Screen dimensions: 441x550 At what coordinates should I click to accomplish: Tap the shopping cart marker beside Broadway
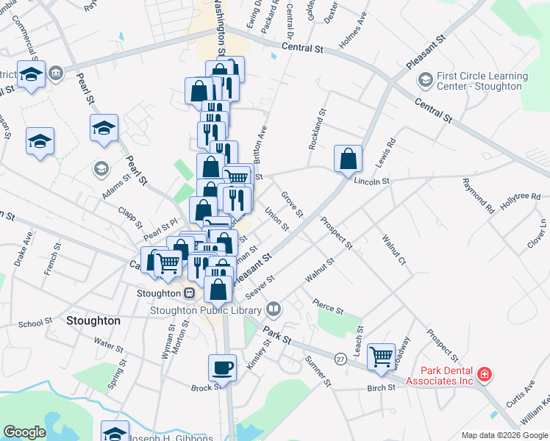(x=381, y=357)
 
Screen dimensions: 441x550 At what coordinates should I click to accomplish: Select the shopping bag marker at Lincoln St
(x=348, y=159)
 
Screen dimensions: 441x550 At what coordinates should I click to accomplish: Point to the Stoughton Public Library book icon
(x=274, y=308)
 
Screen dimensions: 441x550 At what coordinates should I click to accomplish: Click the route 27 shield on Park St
(x=340, y=358)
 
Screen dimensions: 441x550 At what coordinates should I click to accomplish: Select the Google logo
(x=25, y=432)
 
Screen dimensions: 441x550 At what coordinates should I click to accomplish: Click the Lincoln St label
(x=370, y=180)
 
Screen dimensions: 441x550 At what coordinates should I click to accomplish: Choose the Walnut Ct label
(x=393, y=249)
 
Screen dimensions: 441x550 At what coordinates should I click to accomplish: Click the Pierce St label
(x=327, y=306)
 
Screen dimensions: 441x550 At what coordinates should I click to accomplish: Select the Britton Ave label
(x=259, y=143)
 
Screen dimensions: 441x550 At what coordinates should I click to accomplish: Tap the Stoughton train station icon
(x=189, y=293)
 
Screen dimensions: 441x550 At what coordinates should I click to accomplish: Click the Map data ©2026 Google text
(x=504, y=435)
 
